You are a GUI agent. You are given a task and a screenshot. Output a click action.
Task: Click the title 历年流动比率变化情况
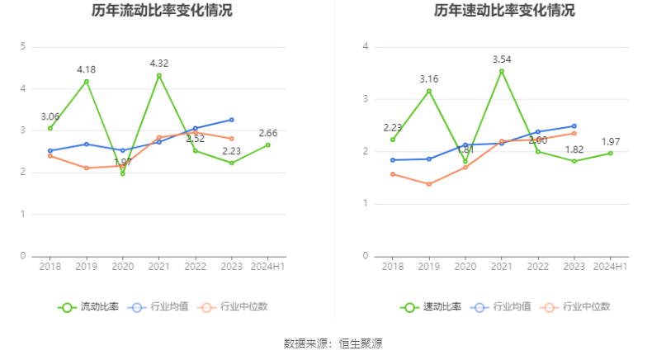(x=162, y=11)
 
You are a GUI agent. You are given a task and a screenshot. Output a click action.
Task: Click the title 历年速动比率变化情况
(x=504, y=11)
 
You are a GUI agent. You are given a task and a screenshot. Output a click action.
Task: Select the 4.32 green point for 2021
(x=159, y=75)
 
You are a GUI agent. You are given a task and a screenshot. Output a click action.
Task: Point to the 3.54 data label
(x=502, y=59)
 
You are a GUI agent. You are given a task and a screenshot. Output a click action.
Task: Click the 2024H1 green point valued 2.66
(x=268, y=144)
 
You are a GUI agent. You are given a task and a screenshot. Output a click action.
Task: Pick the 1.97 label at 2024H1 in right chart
(x=611, y=141)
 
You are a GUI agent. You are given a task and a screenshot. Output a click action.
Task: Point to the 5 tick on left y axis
(x=23, y=46)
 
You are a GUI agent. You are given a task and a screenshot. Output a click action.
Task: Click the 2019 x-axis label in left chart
(x=87, y=266)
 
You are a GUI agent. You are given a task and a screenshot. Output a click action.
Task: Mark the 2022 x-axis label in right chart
(x=538, y=266)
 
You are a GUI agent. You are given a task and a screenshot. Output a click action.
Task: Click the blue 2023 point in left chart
(x=232, y=120)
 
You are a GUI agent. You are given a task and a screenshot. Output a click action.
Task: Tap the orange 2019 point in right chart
(x=429, y=184)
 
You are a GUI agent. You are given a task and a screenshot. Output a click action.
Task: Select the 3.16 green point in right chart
(x=429, y=91)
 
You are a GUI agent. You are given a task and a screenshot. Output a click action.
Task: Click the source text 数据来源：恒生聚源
(x=333, y=343)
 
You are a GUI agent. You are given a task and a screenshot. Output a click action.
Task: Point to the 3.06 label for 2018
(x=50, y=116)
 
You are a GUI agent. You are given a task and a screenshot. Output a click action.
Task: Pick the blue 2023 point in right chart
(x=574, y=126)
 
